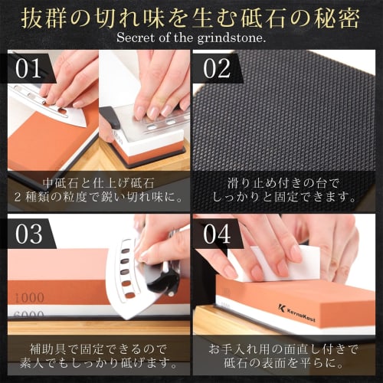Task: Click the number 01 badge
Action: tap(28, 69)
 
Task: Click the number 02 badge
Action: tap(218, 69)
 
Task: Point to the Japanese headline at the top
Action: tap(191, 15)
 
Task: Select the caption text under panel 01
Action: tap(96, 189)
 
